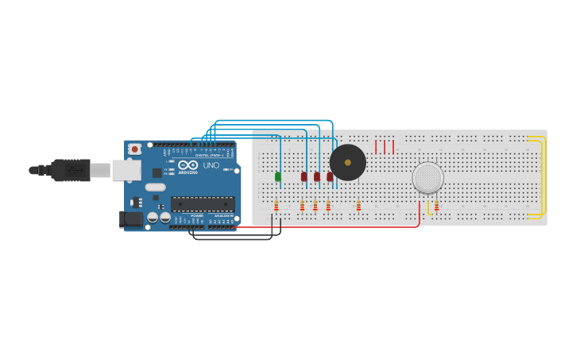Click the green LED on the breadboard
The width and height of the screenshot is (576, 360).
(x=277, y=176)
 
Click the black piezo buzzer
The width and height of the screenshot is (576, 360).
(x=348, y=162)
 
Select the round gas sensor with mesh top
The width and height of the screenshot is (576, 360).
(x=428, y=178)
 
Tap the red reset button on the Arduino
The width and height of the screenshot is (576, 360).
(x=135, y=149)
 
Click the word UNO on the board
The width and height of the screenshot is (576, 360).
(x=211, y=165)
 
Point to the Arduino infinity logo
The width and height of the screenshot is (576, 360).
(x=188, y=165)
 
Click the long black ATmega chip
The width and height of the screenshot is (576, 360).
(x=203, y=204)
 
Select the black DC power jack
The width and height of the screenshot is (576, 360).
(x=130, y=219)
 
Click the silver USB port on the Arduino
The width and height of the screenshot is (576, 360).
(x=126, y=170)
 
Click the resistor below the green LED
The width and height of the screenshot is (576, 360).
(x=276, y=206)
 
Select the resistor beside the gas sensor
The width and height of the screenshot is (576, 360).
(x=436, y=206)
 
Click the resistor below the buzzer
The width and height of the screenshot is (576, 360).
(x=358, y=206)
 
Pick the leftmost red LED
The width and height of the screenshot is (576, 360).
(x=303, y=176)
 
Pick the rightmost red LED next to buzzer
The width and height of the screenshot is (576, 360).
(x=330, y=176)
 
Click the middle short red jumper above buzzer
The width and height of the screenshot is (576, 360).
(x=385, y=146)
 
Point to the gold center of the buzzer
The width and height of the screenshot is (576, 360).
(x=348, y=162)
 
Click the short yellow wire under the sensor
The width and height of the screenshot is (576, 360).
(x=429, y=208)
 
